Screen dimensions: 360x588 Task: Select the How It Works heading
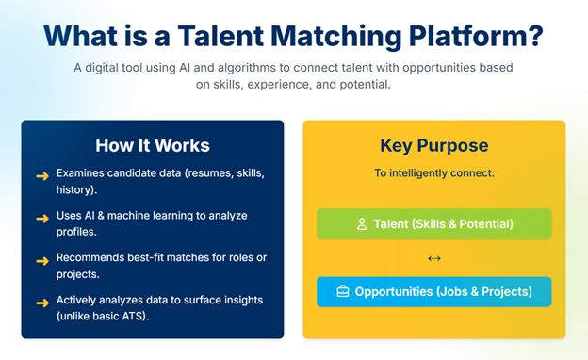tap(153, 145)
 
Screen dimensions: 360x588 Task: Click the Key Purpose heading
tap(433, 145)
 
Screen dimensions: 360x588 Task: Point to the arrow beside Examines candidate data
tap(41, 175)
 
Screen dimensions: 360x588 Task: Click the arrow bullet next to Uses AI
tap(41, 217)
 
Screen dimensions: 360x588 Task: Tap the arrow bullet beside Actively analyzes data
tap(41, 302)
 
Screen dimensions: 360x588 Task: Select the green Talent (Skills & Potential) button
tap(433, 224)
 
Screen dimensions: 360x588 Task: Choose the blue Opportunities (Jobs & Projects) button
tap(433, 291)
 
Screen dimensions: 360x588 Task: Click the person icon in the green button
tap(361, 224)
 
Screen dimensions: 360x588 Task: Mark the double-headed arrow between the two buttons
tap(433, 258)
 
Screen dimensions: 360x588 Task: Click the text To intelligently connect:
tap(433, 173)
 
